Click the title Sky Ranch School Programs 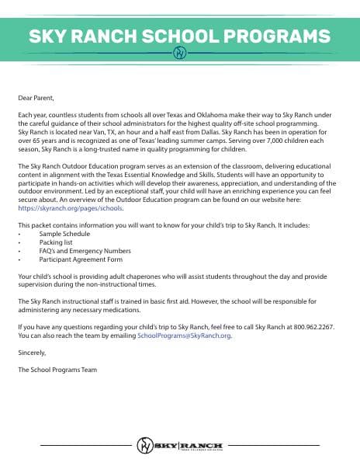pyautogui.click(x=179, y=36)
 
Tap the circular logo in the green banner pyautogui.click(x=179, y=54)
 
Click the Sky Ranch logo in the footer pyautogui.click(x=179, y=445)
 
